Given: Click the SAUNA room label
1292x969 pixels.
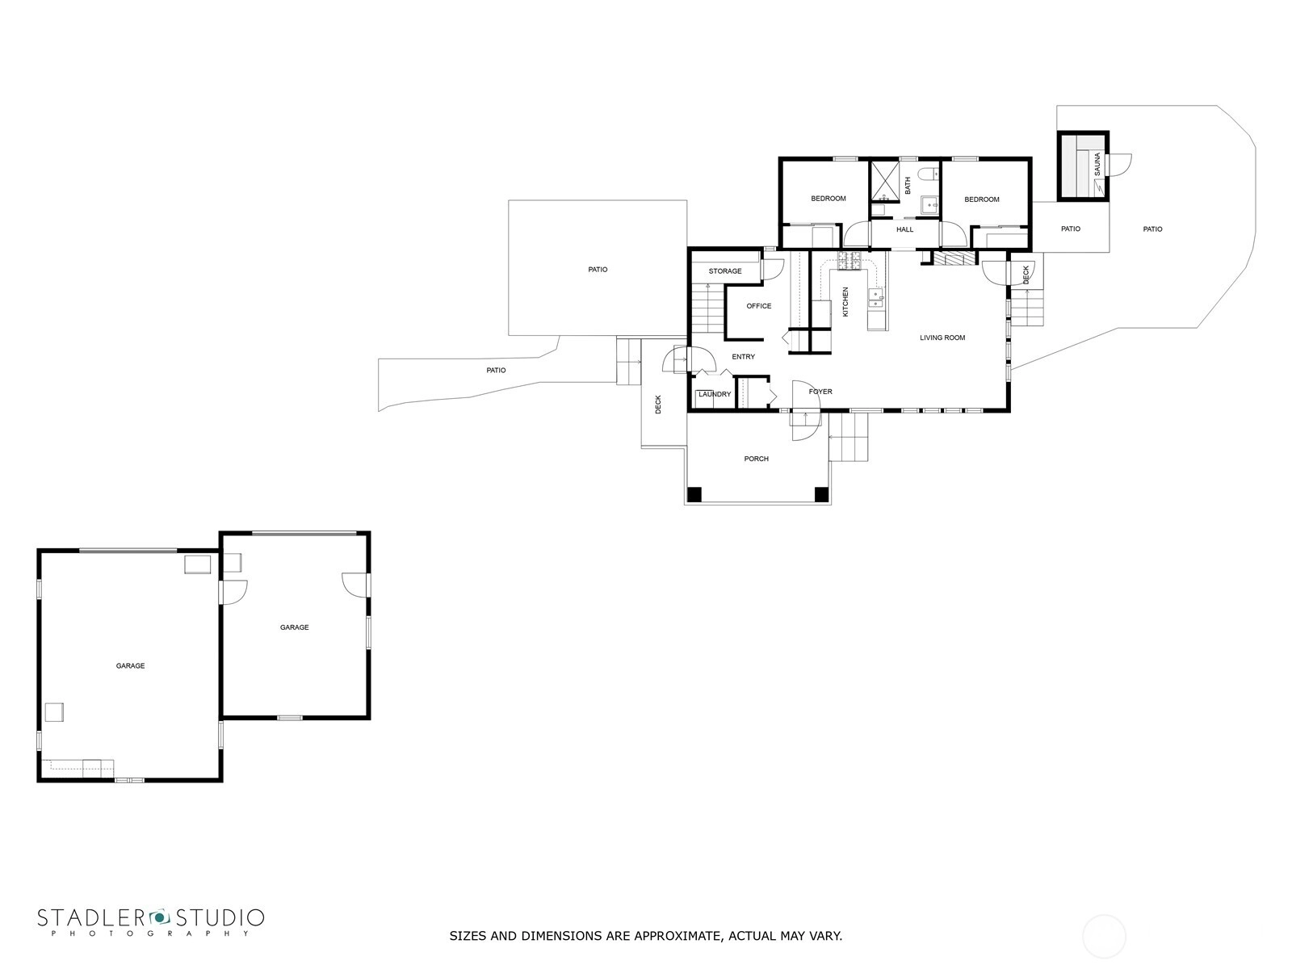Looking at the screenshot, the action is click(1097, 164).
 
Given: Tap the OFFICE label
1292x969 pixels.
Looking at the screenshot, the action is click(759, 306).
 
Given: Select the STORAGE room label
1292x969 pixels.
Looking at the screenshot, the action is click(725, 271).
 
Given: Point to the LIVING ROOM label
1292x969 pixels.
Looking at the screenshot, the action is click(942, 338).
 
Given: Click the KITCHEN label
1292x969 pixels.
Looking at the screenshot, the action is click(845, 302).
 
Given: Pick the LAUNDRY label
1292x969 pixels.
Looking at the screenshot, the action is click(715, 394).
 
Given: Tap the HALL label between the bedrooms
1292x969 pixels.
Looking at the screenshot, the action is click(904, 229).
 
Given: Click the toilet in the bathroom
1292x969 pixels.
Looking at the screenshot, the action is click(929, 174).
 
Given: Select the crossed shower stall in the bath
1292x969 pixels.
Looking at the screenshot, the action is click(885, 182).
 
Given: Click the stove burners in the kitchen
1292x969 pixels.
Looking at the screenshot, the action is click(850, 261).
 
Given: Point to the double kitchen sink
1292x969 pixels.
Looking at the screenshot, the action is click(876, 298).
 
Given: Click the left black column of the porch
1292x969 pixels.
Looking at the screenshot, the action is click(694, 495).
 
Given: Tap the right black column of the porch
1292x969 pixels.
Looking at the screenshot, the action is click(821, 495).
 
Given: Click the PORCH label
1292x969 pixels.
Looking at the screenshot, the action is click(757, 459).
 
